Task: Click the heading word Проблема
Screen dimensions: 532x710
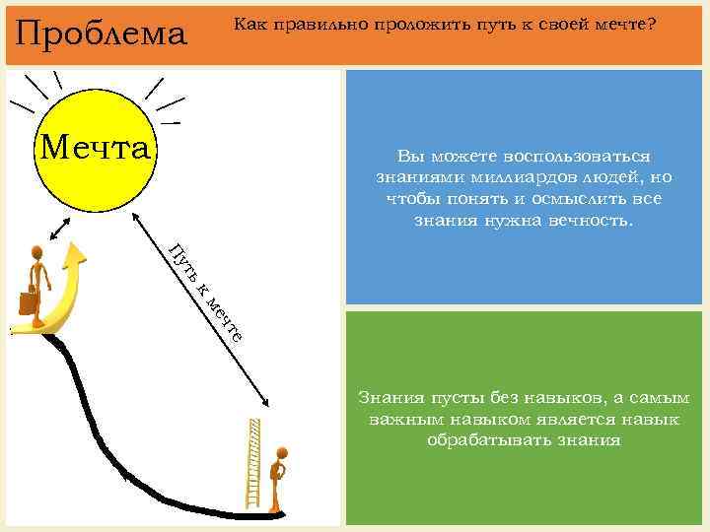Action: (102, 33)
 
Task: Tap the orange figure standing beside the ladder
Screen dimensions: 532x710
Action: (280, 477)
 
